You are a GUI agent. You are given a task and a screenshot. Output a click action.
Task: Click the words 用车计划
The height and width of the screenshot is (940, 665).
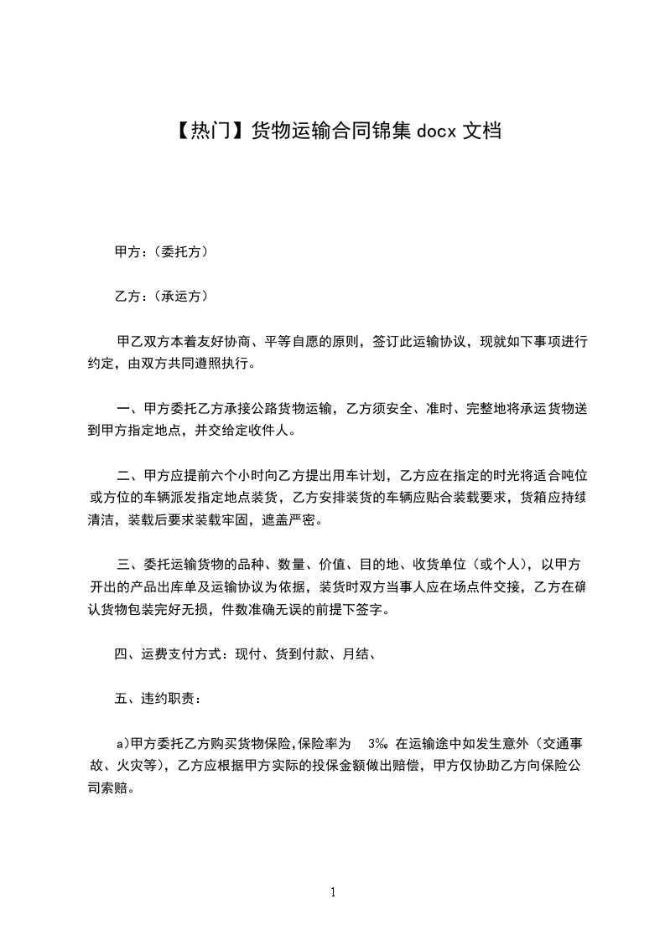[344, 478]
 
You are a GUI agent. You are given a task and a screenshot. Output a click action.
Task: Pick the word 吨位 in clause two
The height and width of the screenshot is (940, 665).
[573, 478]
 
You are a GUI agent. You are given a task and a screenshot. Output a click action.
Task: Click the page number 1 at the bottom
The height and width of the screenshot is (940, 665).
[333, 893]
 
